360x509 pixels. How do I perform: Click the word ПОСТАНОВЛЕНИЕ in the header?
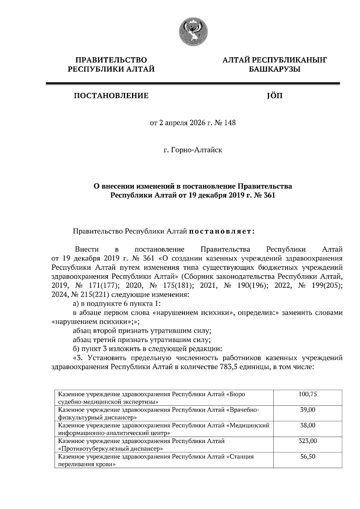pos(111,96)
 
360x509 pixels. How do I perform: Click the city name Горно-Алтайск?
pos(196,150)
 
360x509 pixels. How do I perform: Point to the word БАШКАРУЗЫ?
pos(274,70)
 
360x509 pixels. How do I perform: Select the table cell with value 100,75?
pos(307,394)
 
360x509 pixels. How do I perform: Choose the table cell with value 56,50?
pos(307,457)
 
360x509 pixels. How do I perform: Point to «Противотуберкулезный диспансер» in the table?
pos(111,449)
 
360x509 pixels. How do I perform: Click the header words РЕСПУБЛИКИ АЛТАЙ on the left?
pos(111,70)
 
